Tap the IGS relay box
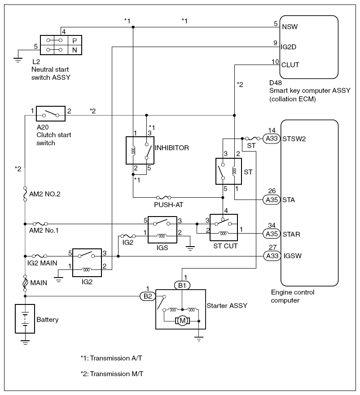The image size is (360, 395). click(162, 229)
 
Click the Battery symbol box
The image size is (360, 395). click(27, 319)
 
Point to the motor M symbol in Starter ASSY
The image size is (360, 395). click(182, 320)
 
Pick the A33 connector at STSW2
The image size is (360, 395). click(271, 139)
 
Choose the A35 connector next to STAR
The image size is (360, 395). click(271, 234)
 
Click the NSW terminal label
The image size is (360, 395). click(289, 27)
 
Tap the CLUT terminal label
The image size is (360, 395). click(290, 65)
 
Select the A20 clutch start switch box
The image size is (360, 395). click(50, 114)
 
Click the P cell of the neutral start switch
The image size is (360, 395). click(74, 39)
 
